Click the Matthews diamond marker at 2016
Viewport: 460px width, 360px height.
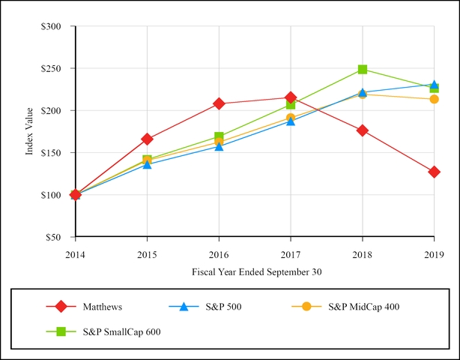(x=219, y=103)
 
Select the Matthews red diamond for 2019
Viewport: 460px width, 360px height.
(x=434, y=172)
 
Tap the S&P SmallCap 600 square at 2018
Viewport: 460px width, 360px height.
(x=363, y=69)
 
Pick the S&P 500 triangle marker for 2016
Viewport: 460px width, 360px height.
(x=219, y=146)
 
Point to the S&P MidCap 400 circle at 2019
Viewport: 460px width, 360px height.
(x=434, y=99)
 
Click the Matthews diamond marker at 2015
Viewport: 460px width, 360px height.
(x=147, y=139)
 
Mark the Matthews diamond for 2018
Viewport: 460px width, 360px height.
(x=363, y=130)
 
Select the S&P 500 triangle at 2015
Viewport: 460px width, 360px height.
(x=147, y=164)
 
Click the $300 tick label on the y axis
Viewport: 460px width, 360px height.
(x=59, y=26)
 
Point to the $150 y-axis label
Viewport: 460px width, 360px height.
(x=59, y=153)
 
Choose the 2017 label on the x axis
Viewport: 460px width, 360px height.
(x=291, y=255)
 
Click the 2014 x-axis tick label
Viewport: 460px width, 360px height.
(x=75, y=255)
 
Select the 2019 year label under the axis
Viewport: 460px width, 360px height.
(x=434, y=255)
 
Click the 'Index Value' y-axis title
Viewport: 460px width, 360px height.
(x=30, y=131)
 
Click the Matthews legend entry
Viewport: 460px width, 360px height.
(x=103, y=306)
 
